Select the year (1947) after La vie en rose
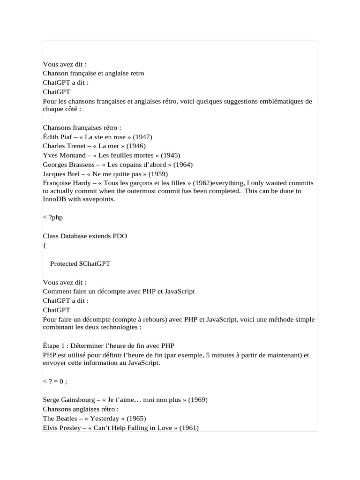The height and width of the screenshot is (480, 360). click(x=142, y=137)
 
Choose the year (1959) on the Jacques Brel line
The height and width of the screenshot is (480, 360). click(x=158, y=173)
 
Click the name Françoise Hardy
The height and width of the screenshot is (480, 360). click(x=63, y=183)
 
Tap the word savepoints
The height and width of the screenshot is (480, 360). click(x=99, y=199)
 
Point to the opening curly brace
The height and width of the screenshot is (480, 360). click(x=44, y=245)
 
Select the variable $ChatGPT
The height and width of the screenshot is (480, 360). click(x=95, y=263)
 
